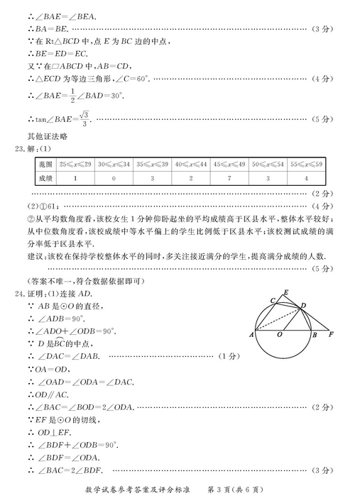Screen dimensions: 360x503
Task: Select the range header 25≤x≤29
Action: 75,164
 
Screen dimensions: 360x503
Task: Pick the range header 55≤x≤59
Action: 306,164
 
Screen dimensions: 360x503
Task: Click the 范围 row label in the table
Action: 46,164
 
